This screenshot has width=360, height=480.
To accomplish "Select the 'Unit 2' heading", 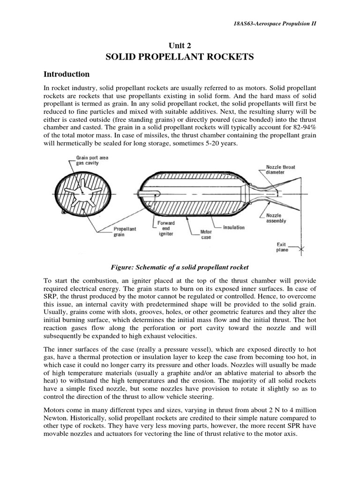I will pos(180,45).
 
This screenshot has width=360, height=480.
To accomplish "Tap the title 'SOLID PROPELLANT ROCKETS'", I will pos(180,57).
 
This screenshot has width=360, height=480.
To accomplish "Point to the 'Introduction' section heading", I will pos(66,74).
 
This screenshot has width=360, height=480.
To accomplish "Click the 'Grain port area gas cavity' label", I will pos(92,160).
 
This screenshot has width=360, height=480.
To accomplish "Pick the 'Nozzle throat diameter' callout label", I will pos(280,169).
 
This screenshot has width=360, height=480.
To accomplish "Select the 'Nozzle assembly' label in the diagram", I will pos(276,218).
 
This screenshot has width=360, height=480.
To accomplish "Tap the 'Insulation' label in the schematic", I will pos(233,227).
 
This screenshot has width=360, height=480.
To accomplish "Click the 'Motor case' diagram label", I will pos(206,234).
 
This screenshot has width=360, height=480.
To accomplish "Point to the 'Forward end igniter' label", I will pos(166,228).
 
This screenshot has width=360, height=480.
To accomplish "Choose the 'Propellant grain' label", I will pos(125,232).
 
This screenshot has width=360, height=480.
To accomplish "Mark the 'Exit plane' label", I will pos(282,247).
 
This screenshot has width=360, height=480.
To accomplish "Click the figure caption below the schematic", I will pos(180,267).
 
